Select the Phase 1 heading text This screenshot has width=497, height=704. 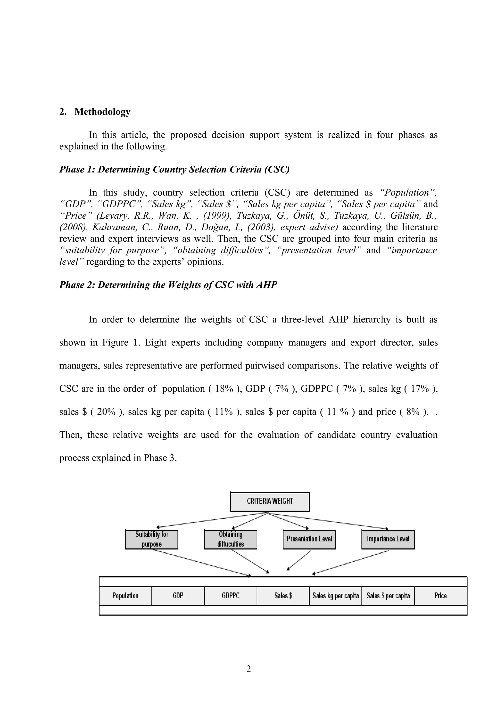[174, 169]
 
